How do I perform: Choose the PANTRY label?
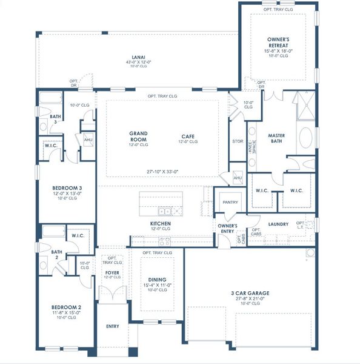[230, 202]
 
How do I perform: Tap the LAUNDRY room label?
[278, 224]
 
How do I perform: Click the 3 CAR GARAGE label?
[250, 293]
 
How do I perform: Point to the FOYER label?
[112, 272]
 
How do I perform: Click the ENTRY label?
[113, 326]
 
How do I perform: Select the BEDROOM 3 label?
[67, 188]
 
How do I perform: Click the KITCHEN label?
[161, 224]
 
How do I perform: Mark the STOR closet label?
[237, 142]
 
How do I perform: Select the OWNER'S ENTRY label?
[227, 229]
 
